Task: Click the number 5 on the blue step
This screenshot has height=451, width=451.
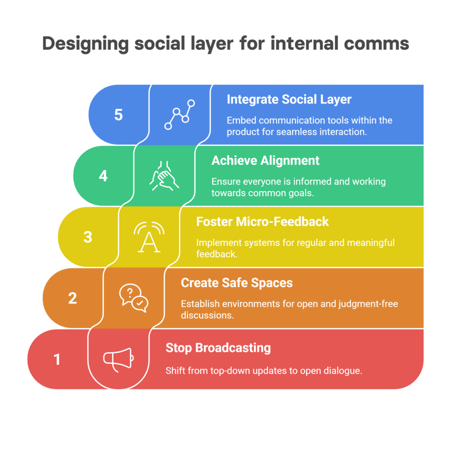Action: point(118,115)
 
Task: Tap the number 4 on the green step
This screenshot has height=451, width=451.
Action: point(103,176)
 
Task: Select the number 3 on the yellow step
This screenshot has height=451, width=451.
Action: point(88,237)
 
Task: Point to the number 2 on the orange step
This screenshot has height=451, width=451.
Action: point(73,298)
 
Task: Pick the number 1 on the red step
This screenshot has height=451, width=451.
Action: point(57,359)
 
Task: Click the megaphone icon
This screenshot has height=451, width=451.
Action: point(118,359)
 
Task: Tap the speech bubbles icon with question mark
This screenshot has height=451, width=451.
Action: point(134,298)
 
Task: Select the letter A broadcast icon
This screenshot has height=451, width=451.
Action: point(149,237)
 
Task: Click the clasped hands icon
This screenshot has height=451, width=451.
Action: point(164,176)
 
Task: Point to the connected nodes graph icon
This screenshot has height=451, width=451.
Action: point(179,115)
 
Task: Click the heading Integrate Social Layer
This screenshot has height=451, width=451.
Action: point(289,100)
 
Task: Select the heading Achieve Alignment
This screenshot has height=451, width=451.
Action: point(266,160)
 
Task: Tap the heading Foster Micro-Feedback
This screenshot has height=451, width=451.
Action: point(262,221)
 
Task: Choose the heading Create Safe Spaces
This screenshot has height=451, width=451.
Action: point(237,282)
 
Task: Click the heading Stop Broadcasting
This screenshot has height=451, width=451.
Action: point(218,348)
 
